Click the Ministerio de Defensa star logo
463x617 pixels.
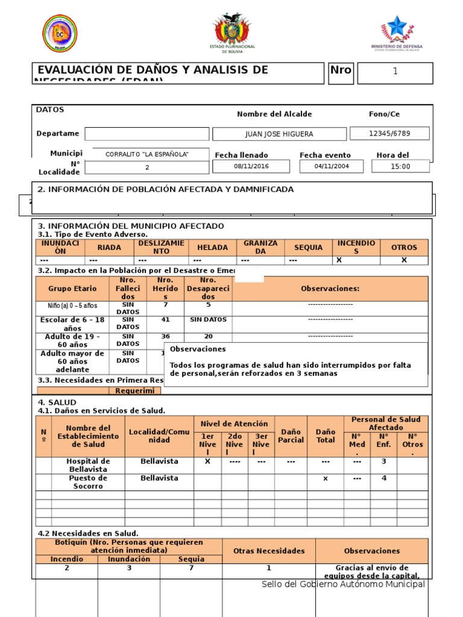point(397,28)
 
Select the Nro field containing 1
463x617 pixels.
point(395,72)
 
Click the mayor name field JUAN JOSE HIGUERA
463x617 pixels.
point(279,134)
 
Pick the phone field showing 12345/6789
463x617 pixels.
point(389,133)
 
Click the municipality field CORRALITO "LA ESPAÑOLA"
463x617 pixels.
point(147,154)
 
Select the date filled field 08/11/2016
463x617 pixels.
point(251,166)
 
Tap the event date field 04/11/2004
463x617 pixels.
point(332,166)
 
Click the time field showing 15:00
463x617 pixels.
point(400,166)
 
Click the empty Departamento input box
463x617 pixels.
point(146,134)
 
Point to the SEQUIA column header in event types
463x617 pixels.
point(308,248)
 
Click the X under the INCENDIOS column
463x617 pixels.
point(339,260)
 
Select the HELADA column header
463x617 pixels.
point(212,248)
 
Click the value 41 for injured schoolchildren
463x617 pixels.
point(165,320)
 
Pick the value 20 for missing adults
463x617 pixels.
point(208,337)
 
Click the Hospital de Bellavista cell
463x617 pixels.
point(88,465)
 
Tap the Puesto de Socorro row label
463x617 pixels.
point(88,482)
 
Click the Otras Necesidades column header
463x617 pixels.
point(269,551)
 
